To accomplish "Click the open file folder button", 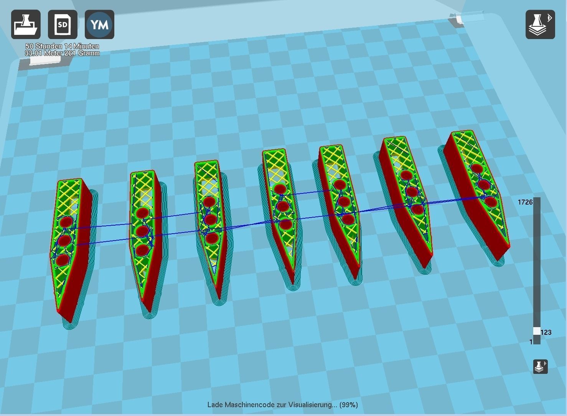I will [x=26, y=25].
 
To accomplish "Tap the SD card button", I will [x=63, y=25].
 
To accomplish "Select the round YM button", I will [x=99, y=25].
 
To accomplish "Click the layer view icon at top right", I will [x=540, y=25].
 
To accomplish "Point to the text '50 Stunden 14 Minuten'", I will [x=62, y=46].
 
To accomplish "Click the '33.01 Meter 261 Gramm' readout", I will [x=62, y=53].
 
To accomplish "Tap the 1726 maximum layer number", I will [x=525, y=202].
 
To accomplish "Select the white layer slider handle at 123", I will [x=537, y=331].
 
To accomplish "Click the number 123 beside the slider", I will [x=546, y=332].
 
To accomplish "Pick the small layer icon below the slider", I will [x=541, y=367].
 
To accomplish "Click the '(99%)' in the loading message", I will [x=349, y=405].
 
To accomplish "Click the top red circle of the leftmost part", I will [x=66, y=222].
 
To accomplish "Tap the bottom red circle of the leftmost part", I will [x=62, y=260].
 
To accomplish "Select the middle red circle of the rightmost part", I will [x=484, y=185].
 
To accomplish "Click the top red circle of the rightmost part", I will [x=477, y=168].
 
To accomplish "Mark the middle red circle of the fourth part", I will [x=283, y=206].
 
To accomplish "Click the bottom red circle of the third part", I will [x=212, y=238].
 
